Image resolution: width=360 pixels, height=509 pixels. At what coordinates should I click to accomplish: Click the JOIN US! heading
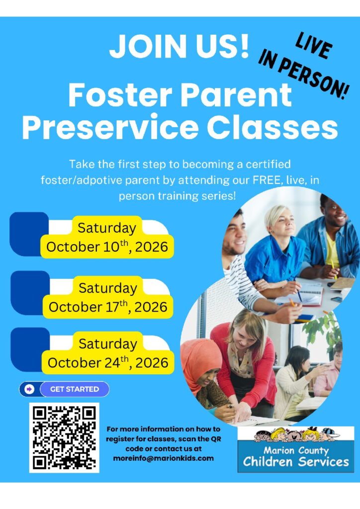coord(179,46)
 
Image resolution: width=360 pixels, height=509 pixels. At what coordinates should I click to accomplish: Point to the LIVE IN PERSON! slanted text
coord(304,65)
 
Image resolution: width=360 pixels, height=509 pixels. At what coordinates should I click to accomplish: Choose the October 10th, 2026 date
coord(107,247)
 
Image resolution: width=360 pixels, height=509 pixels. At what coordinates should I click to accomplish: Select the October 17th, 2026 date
coord(108,307)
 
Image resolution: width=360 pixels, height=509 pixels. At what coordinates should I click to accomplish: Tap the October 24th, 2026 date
coord(108,362)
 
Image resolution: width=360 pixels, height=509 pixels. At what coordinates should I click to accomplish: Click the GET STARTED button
coord(75,389)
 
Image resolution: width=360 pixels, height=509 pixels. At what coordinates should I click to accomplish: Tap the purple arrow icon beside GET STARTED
coord(29,389)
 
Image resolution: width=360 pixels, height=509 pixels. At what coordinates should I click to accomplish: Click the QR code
coord(64,437)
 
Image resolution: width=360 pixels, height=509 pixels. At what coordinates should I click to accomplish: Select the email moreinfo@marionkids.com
coord(163,458)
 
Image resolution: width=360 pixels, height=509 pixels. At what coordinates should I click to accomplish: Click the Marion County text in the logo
coord(296,450)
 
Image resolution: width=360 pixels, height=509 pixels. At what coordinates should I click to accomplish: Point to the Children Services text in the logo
coord(296,462)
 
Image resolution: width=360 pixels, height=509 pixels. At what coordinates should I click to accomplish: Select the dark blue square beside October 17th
coord(30,292)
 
